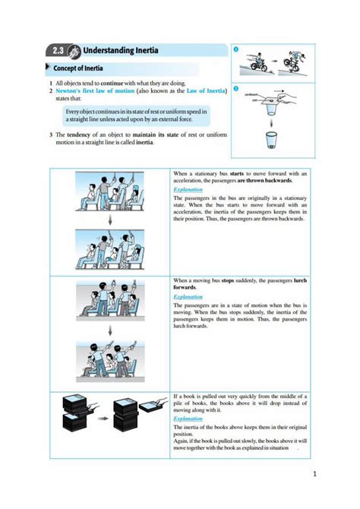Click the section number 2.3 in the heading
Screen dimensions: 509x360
(58, 52)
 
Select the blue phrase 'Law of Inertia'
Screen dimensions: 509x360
(200, 90)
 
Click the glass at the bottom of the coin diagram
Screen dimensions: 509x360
(271, 141)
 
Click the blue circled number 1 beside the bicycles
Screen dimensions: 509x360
(236, 50)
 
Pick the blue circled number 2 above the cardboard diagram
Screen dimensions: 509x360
(236, 89)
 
